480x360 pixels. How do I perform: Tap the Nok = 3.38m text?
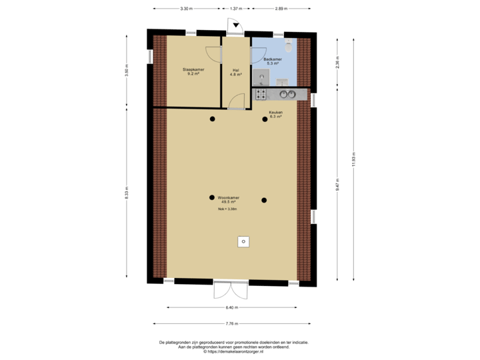[227, 209]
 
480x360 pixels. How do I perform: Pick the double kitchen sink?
[287, 95]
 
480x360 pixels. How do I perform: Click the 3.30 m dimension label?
[186, 9]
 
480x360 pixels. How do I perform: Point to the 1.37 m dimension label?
[235, 9]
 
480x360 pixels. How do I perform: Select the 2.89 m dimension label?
[281, 9]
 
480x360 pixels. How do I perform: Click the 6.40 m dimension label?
[231, 307]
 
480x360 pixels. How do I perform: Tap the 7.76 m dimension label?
[231, 323]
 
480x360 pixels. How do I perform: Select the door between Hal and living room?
[235, 102]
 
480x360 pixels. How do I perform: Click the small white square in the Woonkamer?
[244, 241]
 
